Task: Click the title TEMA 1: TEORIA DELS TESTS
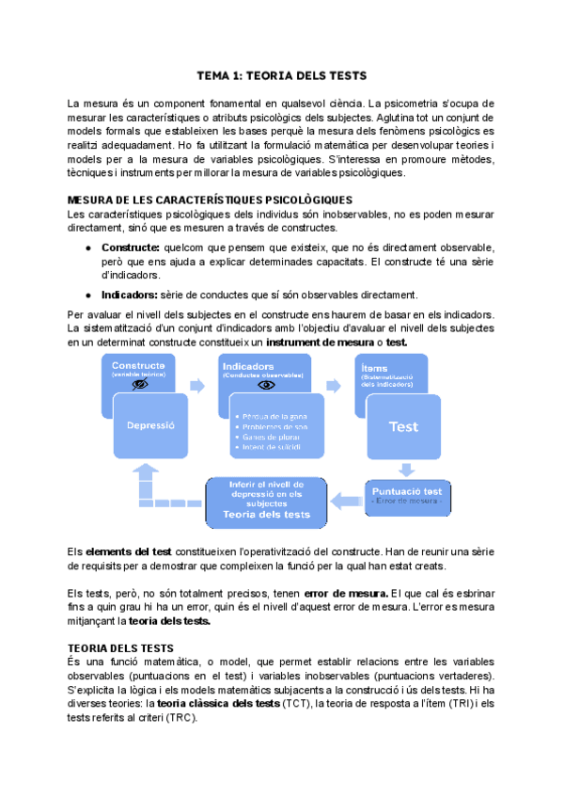tap(281, 74)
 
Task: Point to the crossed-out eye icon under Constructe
tap(140, 385)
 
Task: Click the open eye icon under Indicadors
tap(267, 385)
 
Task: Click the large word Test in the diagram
tap(403, 426)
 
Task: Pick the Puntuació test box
tap(406, 494)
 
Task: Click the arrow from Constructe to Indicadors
tap(197, 386)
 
